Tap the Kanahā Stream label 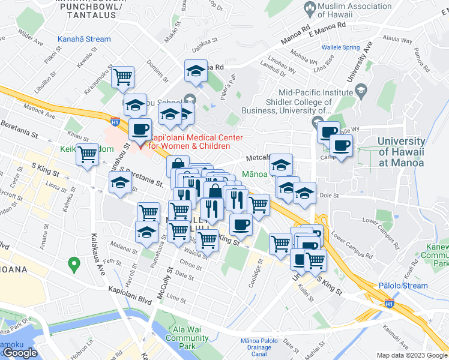(84, 40)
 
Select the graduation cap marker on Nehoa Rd (196, 71)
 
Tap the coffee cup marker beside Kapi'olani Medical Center (140, 128)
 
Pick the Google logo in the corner (20, 353)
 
